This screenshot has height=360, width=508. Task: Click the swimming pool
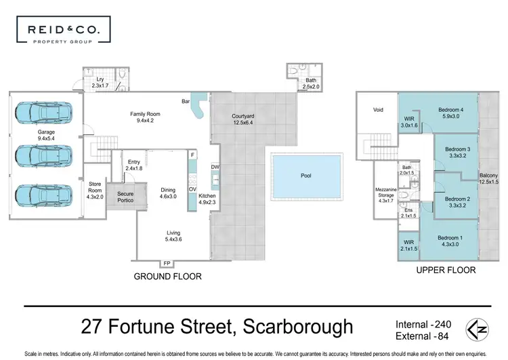click(306, 175)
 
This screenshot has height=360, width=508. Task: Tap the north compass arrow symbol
click(479, 329)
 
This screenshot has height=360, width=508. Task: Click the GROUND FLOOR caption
click(168, 277)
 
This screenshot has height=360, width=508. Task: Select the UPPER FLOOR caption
click(445, 270)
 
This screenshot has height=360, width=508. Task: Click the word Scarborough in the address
click(295, 327)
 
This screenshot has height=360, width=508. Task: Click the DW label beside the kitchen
click(215, 167)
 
